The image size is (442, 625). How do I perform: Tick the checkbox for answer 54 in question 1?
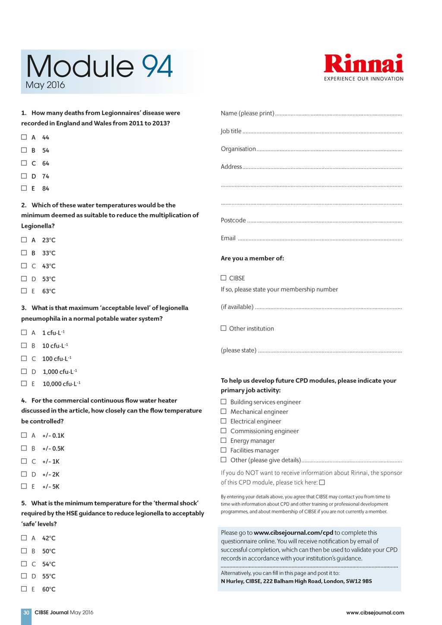[24, 150]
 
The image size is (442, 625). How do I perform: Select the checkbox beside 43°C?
[24, 266]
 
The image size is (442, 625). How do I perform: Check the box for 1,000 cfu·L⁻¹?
[24, 371]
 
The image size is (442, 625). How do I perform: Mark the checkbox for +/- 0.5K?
[24, 448]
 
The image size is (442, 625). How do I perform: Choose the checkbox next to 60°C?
[24, 589]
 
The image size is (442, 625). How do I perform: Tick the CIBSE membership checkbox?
[224, 278]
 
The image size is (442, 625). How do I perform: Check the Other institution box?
[224, 328]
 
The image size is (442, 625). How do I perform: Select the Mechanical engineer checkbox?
[224, 411]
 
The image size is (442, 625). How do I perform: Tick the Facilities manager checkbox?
[224, 450]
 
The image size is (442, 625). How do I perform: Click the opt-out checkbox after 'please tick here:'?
[322, 483]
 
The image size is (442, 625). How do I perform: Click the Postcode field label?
[233, 220]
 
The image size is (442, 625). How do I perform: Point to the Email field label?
[228, 238]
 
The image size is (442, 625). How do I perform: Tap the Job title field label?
[231, 131]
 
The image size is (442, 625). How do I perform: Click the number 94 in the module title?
[157, 66]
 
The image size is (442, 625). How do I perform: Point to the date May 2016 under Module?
[45, 85]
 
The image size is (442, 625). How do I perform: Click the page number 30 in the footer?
[26, 612]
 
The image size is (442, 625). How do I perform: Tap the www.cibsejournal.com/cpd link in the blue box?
[293, 533]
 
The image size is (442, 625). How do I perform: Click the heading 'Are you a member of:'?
[252, 258]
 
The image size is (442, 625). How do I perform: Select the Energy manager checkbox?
[224, 440]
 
